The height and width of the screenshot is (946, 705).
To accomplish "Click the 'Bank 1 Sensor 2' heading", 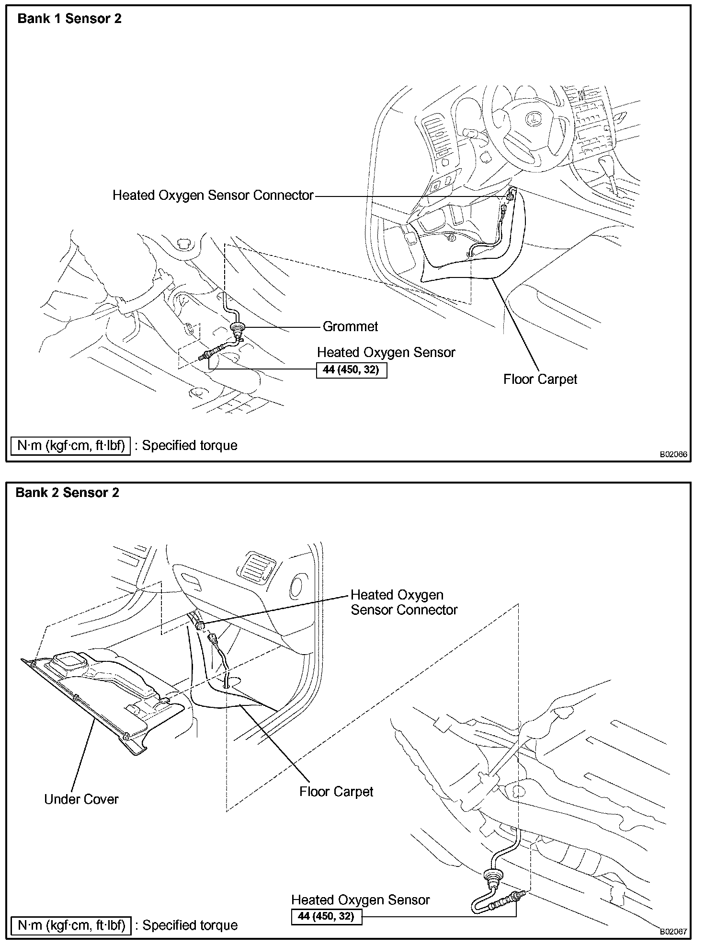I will [69, 19].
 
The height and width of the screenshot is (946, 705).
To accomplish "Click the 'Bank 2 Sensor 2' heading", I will [68, 492].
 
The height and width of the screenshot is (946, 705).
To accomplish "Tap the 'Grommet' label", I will [350, 326].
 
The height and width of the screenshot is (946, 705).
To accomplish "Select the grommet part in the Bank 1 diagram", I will [236, 327].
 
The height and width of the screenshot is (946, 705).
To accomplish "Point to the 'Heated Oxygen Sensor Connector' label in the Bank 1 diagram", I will [213, 195].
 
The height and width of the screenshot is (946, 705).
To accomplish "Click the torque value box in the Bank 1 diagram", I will [351, 370].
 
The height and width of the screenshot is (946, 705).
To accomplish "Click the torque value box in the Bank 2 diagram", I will [326, 916].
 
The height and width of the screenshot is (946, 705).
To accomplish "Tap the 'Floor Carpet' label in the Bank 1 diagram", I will [540, 379].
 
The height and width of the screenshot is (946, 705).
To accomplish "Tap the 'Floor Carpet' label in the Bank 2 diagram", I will [336, 791].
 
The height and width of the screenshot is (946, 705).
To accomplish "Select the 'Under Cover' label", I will [81, 799].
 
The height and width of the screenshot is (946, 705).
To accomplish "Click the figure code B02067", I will [673, 932].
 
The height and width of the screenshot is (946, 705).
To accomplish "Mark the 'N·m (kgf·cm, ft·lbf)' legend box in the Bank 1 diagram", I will [71, 445].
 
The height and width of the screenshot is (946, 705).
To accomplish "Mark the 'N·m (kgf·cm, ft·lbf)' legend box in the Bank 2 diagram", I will [71, 924].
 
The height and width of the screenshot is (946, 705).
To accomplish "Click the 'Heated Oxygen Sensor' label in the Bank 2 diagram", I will [360, 900].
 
